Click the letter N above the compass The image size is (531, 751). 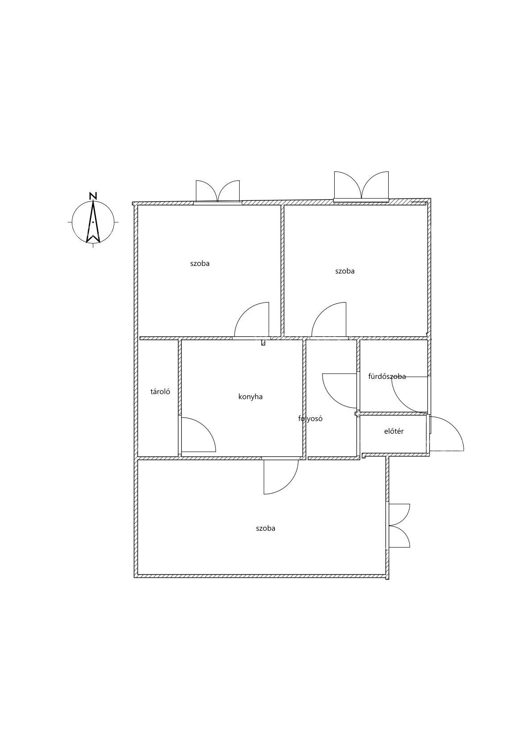click(x=93, y=196)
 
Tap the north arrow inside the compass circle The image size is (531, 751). click(x=93, y=221)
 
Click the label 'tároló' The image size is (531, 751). click(x=160, y=391)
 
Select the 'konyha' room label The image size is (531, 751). click(x=250, y=397)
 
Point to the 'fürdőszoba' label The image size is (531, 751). click(x=387, y=376)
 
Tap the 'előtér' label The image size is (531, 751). click(x=394, y=431)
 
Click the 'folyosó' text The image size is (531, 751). click(x=311, y=419)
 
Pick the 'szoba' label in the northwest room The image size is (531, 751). click(x=200, y=263)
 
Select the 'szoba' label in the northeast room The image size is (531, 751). click(x=345, y=271)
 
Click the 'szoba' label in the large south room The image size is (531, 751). click(x=265, y=528)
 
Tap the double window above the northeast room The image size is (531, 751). click(x=361, y=187)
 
